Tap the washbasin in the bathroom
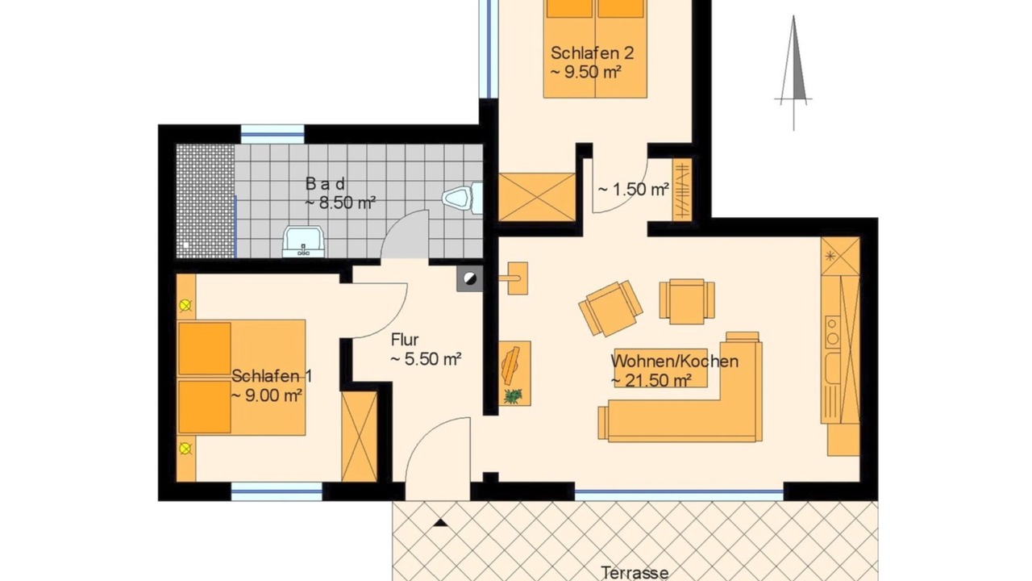click(x=304, y=241)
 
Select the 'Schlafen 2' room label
click(x=592, y=53)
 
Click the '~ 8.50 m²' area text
click(x=340, y=203)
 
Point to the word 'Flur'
click(x=405, y=340)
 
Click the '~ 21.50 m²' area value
click(x=651, y=380)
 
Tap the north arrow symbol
click(x=793, y=73)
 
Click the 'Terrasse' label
click(x=635, y=573)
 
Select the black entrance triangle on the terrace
click(x=440, y=522)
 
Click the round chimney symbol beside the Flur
click(x=469, y=278)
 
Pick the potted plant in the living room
click(x=513, y=395)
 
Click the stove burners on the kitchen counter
click(x=832, y=332)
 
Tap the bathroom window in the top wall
click(x=273, y=135)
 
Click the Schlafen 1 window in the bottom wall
click(x=277, y=491)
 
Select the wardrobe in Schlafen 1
click(x=359, y=437)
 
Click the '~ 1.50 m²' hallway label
click(x=634, y=189)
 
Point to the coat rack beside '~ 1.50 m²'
click(x=682, y=190)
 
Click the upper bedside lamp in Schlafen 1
click(x=185, y=305)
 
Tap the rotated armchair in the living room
click(x=610, y=308)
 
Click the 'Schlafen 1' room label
click(x=272, y=376)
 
